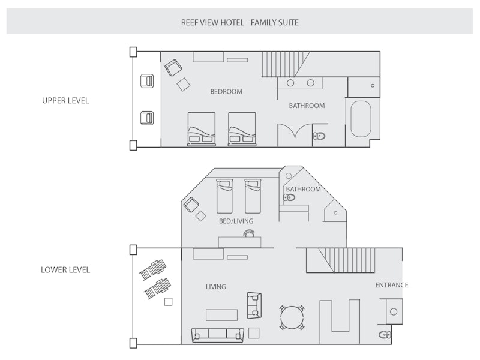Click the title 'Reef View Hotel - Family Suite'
pos(239,23)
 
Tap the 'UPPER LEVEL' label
pos(65,101)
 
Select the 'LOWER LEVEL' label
pos(65,270)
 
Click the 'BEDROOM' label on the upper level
pos(226,92)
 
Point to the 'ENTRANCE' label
pos(391,285)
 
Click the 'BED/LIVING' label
pos(236,221)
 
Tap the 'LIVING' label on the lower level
pos(216,287)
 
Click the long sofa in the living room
pos(217,335)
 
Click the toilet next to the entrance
pos(383,334)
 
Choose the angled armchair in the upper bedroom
pos(173,68)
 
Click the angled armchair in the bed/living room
pos(191,205)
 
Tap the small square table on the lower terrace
pos(169,302)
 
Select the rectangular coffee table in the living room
pos(222,315)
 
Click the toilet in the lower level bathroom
pos(289,197)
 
